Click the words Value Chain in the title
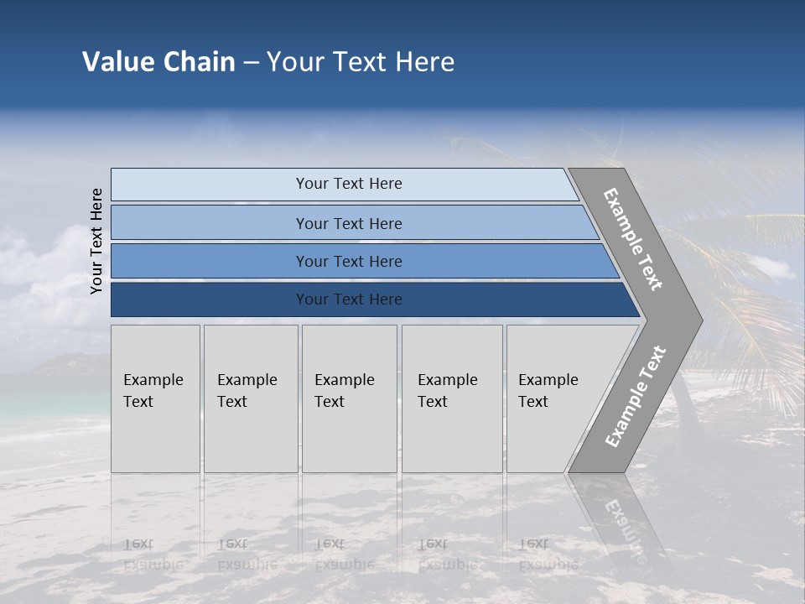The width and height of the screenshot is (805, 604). click(158, 62)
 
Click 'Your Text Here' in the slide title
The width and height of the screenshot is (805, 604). click(361, 62)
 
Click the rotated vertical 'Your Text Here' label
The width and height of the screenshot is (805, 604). click(96, 241)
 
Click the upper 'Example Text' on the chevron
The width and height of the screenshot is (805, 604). click(633, 239)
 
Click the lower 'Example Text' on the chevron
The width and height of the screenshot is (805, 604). click(635, 396)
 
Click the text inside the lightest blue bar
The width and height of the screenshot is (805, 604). click(349, 184)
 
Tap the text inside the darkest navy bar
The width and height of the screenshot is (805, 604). click(349, 299)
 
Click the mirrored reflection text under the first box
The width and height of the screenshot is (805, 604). click(152, 555)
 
